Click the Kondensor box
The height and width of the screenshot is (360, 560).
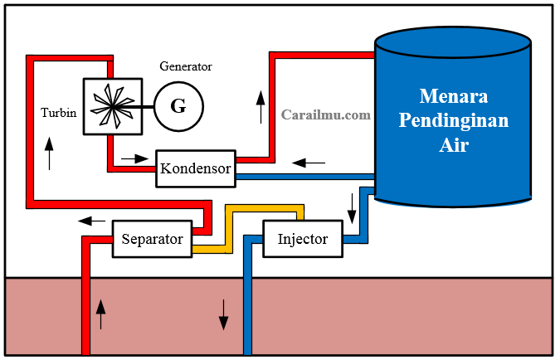coord(196,168)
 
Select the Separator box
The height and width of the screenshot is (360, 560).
coord(152,240)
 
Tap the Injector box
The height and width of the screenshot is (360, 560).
coord(303,240)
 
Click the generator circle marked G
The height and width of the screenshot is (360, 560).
coord(178,105)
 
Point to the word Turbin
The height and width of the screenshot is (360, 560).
coord(59,112)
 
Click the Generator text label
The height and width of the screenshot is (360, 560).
coord(186,66)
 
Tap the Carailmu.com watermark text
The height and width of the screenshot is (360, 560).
coord(325,115)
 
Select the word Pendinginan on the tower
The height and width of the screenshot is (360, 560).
coord(453,119)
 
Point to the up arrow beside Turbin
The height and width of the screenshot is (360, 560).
coord(49,153)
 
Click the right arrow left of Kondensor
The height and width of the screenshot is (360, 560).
coord(132,157)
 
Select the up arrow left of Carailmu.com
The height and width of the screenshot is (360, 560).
coord(261,107)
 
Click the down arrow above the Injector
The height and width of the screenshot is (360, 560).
coord(352,207)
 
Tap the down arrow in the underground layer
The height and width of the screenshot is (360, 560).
coord(223,313)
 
